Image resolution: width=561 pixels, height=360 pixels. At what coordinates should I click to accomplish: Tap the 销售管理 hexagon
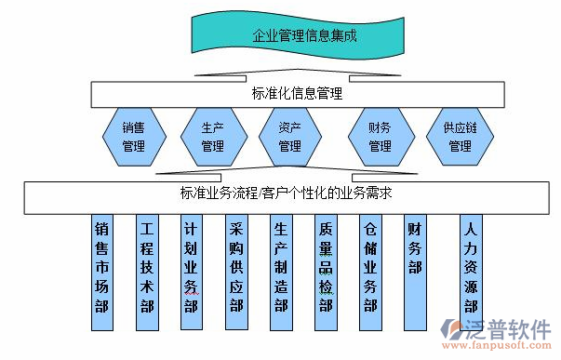[134, 137]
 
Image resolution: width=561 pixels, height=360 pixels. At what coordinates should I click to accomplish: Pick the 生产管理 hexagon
[213, 137]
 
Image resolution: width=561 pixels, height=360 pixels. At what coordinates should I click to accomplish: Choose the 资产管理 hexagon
[289, 137]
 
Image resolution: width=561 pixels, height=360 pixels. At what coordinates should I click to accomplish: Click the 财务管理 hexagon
[380, 137]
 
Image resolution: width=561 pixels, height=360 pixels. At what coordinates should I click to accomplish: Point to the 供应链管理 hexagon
[460, 137]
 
